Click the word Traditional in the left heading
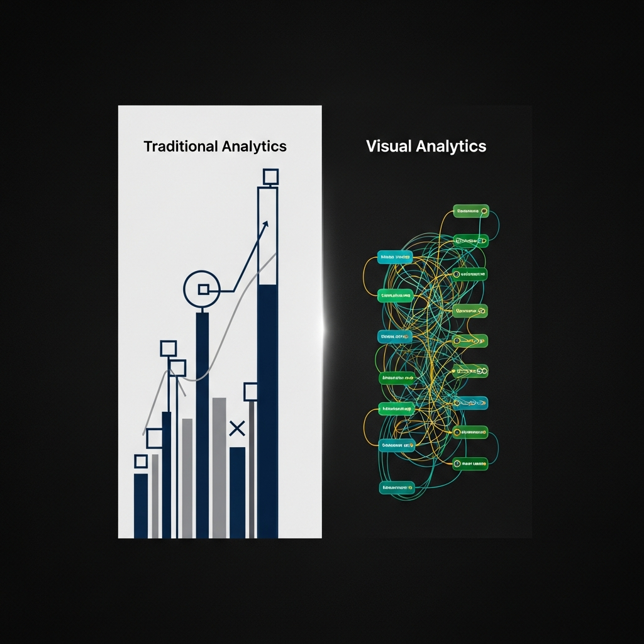180,147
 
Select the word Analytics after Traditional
254,147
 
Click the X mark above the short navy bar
237,429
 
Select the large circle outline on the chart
201,289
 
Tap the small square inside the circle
203,289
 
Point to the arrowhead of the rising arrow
265,224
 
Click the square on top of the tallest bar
270,177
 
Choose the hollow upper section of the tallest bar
268,236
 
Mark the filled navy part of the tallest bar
268,409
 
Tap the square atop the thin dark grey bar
251,392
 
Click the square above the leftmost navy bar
141,461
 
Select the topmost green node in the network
471,211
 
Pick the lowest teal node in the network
397,487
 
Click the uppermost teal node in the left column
395,257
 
